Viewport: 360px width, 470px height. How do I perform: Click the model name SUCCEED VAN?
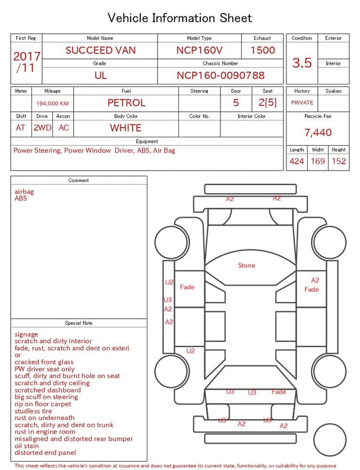(101, 50)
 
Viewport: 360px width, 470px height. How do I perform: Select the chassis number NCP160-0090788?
(220, 75)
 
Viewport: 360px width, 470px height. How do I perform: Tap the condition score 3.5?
(302, 62)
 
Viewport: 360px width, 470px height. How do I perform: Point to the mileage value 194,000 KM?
(52, 104)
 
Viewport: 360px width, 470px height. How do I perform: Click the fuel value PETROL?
(127, 103)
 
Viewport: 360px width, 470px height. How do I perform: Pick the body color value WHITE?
(125, 128)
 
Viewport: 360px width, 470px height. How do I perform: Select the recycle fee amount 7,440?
(318, 132)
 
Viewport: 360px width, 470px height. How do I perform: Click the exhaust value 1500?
(263, 50)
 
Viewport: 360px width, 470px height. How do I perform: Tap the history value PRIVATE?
(302, 102)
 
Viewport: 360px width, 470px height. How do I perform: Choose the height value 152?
(339, 161)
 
